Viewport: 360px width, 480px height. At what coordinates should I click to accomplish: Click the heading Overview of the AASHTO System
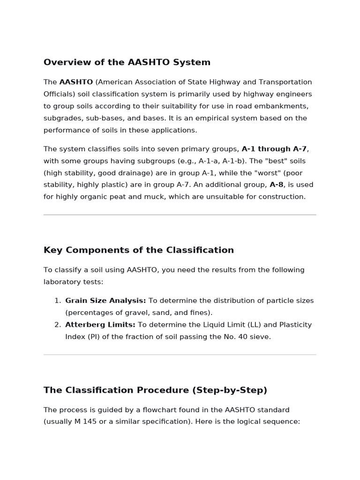click(127, 62)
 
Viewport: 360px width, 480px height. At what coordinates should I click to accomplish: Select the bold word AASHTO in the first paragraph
click(76, 82)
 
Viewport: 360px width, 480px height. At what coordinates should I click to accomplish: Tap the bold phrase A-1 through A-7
click(274, 149)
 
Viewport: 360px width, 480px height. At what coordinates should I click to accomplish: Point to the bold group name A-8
click(277, 185)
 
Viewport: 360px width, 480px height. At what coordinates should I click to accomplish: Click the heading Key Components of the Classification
click(139, 250)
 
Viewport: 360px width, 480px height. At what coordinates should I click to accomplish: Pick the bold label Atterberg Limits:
click(100, 325)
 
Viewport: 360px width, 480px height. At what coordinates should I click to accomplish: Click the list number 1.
click(57, 301)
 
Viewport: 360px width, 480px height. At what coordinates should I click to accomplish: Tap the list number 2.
click(57, 325)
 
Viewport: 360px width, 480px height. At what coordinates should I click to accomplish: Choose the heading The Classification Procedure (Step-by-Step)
click(155, 390)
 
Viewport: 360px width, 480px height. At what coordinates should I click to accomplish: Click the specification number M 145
click(85, 421)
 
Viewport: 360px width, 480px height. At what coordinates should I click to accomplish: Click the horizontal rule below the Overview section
click(180, 215)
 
